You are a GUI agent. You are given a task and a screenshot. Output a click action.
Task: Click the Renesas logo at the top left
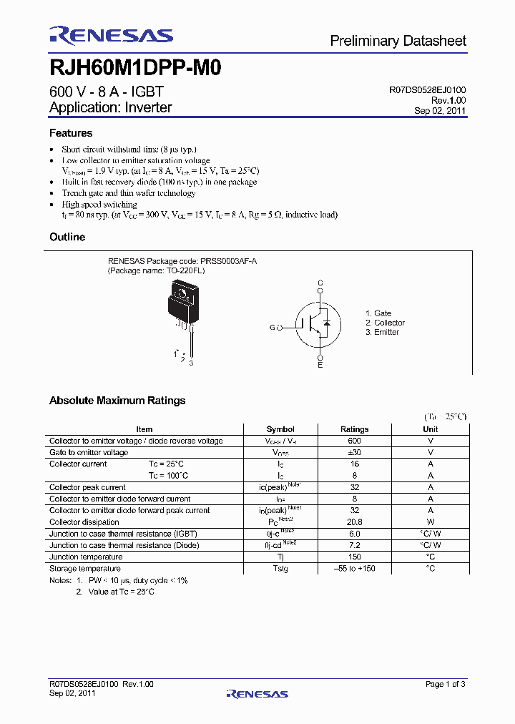(x=111, y=36)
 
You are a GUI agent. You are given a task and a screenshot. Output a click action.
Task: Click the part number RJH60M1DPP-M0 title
(x=135, y=69)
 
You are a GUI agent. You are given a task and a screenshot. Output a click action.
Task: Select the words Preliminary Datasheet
(x=398, y=41)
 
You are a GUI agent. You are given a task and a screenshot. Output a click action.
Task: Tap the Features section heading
(x=71, y=133)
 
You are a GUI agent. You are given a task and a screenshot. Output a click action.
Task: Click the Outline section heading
(x=67, y=237)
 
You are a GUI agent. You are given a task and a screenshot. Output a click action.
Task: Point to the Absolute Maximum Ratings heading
(x=117, y=401)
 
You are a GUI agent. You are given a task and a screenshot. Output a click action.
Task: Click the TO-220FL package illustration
(x=182, y=308)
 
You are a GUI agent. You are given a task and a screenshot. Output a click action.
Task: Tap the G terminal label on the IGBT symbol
(x=272, y=327)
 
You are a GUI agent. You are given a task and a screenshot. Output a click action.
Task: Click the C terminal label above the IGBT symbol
(x=320, y=283)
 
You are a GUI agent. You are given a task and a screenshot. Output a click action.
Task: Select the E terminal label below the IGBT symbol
(x=320, y=366)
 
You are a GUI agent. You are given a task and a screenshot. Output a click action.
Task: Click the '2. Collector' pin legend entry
(x=385, y=323)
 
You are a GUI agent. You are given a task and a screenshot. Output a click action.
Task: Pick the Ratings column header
(x=355, y=429)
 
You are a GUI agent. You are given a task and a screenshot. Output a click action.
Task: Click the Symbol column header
(x=280, y=429)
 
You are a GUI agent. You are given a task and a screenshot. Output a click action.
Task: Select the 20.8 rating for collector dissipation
(x=355, y=522)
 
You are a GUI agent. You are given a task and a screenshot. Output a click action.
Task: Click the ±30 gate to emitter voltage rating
(x=355, y=453)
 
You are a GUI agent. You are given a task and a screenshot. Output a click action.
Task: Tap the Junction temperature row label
(x=86, y=557)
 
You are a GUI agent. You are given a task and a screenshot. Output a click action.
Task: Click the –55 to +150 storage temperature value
(x=355, y=569)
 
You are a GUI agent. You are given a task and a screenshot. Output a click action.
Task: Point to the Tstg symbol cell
(x=280, y=569)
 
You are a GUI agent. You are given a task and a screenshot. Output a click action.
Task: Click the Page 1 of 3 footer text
(x=445, y=684)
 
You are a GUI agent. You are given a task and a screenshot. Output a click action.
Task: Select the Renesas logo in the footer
(x=257, y=693)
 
